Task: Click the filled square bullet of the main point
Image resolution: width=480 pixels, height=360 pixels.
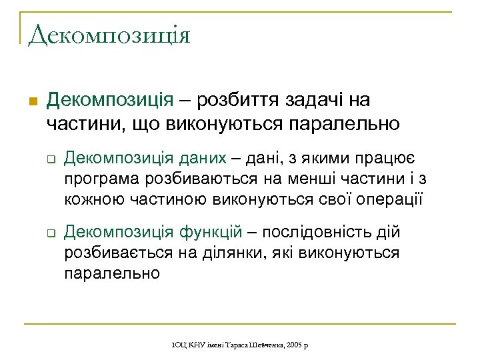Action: click(x=31, y=102)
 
